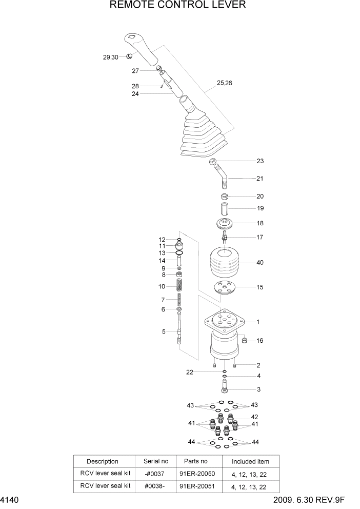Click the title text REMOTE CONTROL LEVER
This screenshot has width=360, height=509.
(178, 6)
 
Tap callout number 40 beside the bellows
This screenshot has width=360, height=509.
(260, 263)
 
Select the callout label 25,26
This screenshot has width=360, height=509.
(225, 83)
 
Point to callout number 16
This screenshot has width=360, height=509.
(260, 340)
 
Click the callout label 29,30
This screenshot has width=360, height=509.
(110, 57)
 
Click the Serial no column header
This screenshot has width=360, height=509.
(156, 461)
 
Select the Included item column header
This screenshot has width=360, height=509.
(250, 461)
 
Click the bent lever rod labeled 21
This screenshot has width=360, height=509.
(224, 178)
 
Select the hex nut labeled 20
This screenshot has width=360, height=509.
(224, 197)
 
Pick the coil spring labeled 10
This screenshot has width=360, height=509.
(179, 286)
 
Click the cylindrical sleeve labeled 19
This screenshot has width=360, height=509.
(224, 210)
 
